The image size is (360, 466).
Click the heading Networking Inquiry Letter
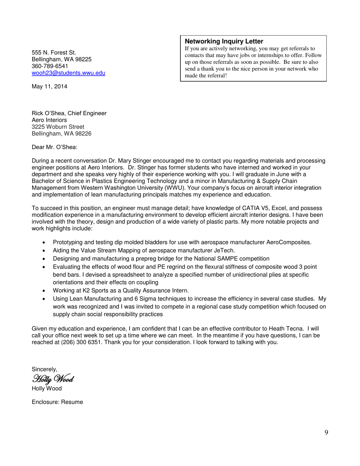[x=224, y=41]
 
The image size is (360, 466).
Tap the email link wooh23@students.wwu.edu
[x=68, y=73]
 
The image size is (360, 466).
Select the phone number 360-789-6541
[x=50, y=66]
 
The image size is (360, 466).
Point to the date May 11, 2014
[x=49, y=86]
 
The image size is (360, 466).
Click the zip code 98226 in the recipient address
[x=83, y=133]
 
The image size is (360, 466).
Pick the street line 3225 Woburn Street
[x=58, y=127]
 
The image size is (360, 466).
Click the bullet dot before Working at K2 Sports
[x=44, y=291]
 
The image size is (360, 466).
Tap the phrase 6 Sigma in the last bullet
[x=134, y=299]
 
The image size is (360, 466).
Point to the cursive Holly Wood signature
[x=53, y=378]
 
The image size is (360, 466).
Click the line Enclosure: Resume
[x=57, y=402]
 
